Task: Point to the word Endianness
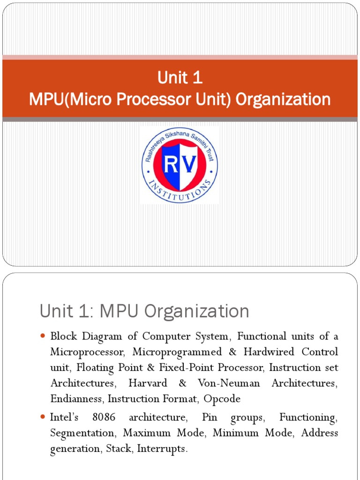(78, 399)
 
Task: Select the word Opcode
(223, 399)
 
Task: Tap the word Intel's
(65, 417)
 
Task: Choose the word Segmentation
(82, 433)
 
